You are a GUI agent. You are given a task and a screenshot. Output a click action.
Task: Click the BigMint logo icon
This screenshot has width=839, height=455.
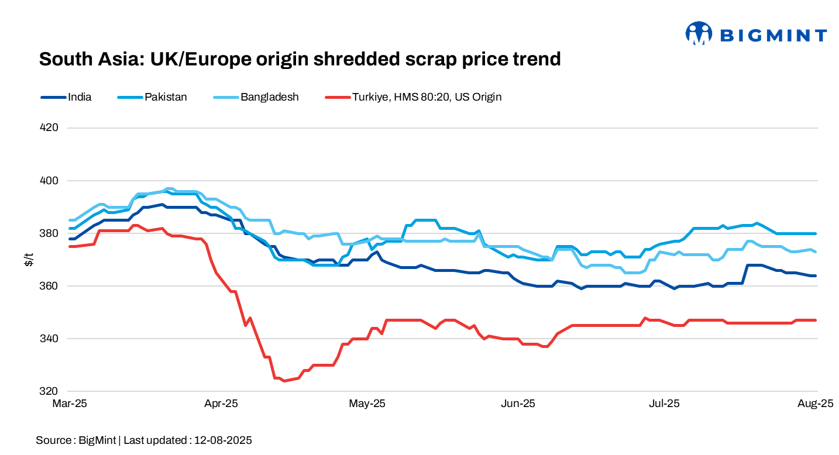[699, 33]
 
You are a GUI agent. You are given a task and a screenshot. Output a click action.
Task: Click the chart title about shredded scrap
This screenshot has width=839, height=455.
[300, 59]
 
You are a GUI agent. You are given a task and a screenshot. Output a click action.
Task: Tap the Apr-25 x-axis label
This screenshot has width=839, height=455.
[222, 404]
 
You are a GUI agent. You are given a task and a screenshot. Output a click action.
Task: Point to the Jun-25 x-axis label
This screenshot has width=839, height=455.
[519, 404]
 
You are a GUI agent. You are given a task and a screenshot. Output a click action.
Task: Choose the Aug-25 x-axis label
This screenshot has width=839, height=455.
[816, 404]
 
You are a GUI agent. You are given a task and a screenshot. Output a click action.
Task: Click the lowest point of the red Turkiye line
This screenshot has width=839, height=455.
[284, 381]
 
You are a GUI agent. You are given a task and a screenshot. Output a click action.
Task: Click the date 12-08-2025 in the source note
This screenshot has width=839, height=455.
[222, 440]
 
